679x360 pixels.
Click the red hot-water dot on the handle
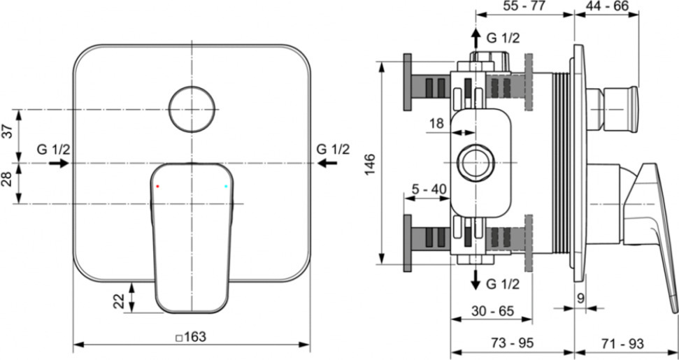(157, 186)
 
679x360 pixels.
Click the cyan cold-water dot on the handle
(226, 186)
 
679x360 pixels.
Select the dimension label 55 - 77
(525, 6)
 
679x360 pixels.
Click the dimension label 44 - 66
(607, 6)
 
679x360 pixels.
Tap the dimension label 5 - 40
(427, 189)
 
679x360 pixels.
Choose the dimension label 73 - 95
(513, 343)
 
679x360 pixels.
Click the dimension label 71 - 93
(622, 343)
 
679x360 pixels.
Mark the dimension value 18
(436, 124)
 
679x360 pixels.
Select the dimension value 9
(580, 298)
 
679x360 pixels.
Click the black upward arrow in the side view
(476, 38)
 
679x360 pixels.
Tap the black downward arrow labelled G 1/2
(476, 280)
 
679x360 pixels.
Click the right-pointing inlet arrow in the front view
(59, 163)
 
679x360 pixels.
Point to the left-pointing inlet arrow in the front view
(327, 163)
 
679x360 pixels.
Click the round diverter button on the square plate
(192, 109)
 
